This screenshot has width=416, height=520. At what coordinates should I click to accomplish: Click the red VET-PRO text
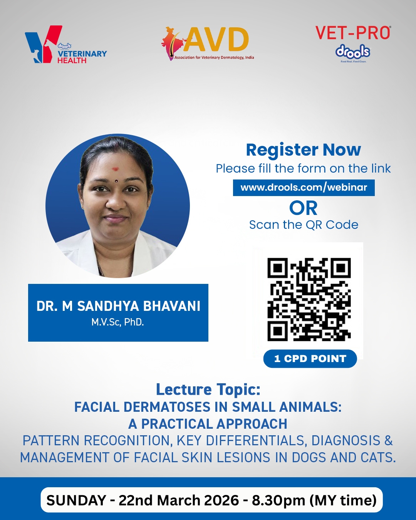coord(353,33)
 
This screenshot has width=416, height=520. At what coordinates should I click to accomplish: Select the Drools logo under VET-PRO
coord(353,53)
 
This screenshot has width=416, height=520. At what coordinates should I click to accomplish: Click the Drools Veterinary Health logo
coord(66,44)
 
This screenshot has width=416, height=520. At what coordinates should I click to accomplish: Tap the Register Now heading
coord(304,150)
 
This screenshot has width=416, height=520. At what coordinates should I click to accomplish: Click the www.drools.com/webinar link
coord(304,188)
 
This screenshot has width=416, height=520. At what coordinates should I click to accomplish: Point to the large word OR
coord(304,208)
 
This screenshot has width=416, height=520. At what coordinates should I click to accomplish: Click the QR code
coord(309,299)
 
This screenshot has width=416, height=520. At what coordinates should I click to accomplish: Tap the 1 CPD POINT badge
coord(310,359)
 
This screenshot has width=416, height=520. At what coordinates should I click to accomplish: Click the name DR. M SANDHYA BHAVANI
coord(118,306)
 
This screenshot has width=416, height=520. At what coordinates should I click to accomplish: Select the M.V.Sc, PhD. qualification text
coord(118,322)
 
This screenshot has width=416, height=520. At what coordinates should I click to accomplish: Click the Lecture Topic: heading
coord(208,389)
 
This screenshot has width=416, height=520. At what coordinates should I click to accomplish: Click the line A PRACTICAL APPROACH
coord(208,424)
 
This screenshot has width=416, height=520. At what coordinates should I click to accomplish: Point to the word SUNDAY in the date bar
coord(76,500)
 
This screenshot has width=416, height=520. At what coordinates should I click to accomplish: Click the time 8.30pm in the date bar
coord(278,501)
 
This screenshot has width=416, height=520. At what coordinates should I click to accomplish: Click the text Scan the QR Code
coord(304,225)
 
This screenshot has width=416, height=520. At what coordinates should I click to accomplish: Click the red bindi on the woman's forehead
coord(116,169)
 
